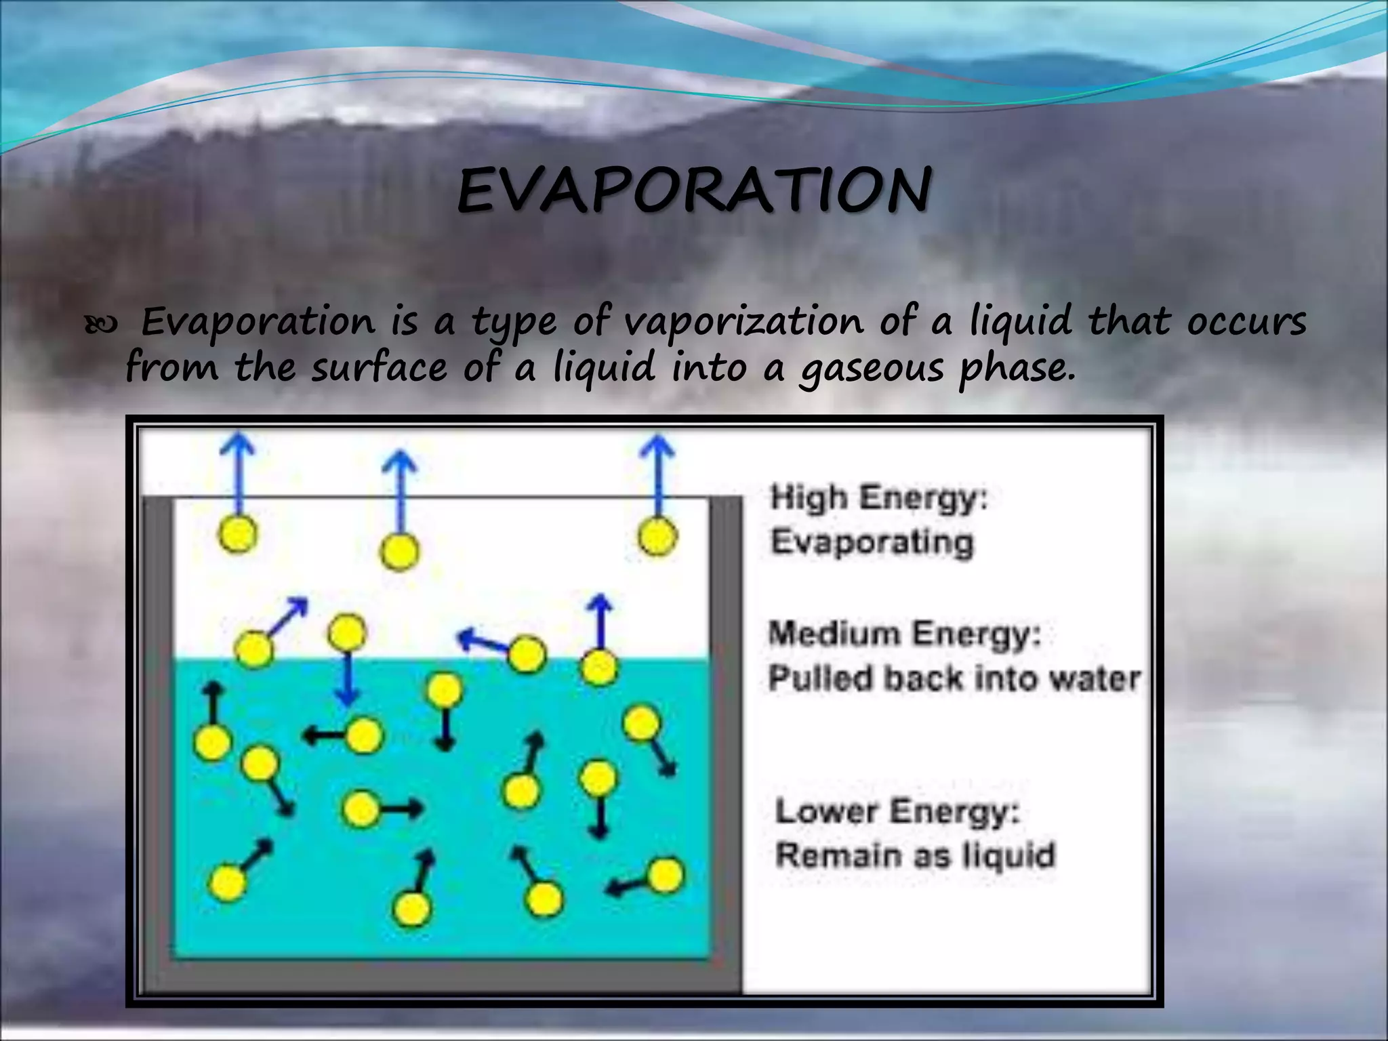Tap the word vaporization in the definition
(x=743, y=321)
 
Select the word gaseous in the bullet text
(x=871, y=368)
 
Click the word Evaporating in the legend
(x=872, y=542)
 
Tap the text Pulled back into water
(x=954, y=678)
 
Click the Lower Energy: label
(x=897, y=811)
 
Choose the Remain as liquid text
(x=916, y=855)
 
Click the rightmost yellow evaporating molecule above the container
(x=657, y=537)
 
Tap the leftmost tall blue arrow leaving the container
(x=239, y=474)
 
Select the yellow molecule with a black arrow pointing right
(x=361, y=808)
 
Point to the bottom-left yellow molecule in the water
(x=228, y=883)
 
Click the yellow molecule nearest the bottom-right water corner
(x=665, y=875)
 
